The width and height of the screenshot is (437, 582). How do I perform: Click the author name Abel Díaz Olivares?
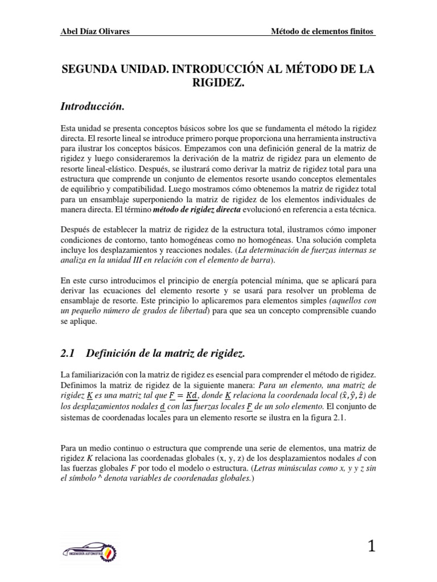click(x=94, y=31)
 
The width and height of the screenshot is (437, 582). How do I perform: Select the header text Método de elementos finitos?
click(x=323, y=31)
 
